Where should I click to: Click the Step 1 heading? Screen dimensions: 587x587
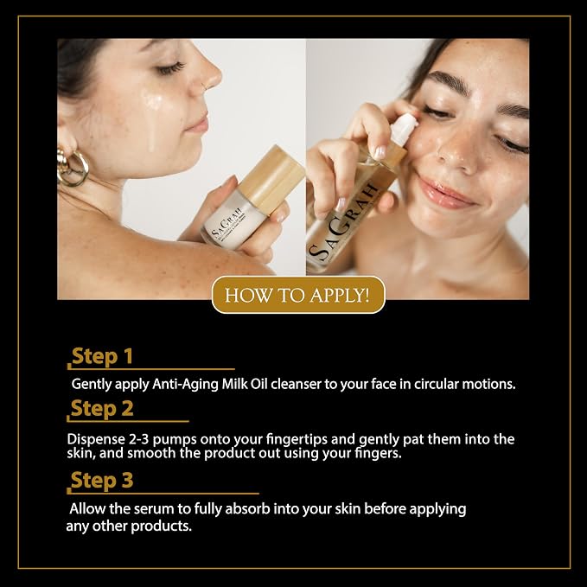[102, 356]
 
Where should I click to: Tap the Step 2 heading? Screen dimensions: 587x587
[102, 408]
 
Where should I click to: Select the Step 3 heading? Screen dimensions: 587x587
[102, 480]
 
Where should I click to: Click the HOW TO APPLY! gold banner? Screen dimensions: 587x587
[298, 295]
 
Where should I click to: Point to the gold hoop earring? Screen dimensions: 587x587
[73, 167]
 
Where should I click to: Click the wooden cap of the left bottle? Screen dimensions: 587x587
[272, 175]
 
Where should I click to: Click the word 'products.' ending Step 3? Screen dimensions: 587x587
[162, 526]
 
